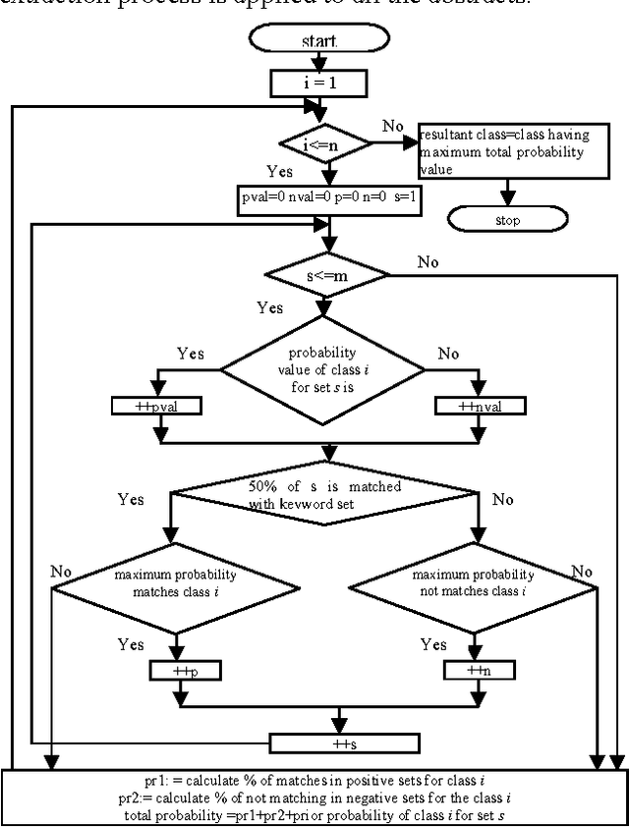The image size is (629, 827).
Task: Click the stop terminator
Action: click(507, 220)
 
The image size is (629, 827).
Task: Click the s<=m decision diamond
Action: click(324, 276)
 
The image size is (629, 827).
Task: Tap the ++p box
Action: click(185, 671)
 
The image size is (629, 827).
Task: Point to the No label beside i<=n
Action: click(391, 126)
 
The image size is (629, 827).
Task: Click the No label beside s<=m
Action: click(428, 262)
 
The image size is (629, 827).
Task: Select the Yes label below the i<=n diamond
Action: click(278, 172)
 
